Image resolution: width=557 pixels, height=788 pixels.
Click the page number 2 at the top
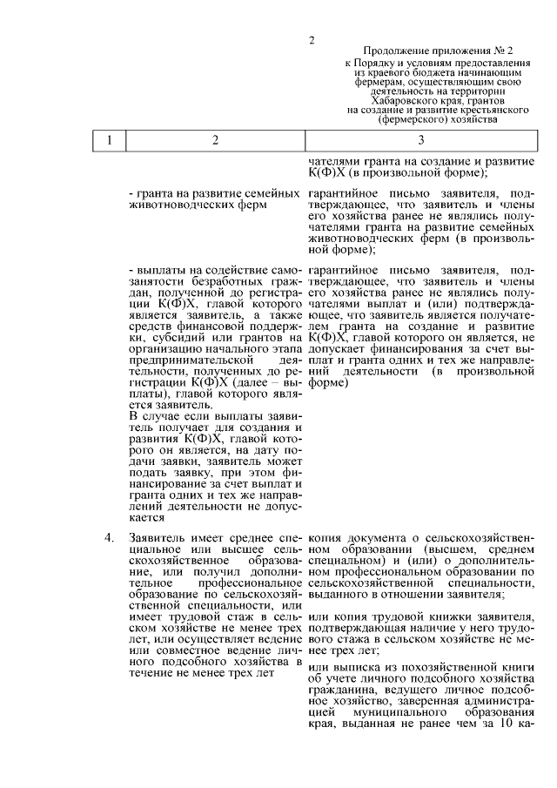click(311, 39)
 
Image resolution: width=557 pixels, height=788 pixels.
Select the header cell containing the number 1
click(110, 139)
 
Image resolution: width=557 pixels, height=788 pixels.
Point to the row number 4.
click(110, 537)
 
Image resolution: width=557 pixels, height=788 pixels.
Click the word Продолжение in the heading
click(400, 52)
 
